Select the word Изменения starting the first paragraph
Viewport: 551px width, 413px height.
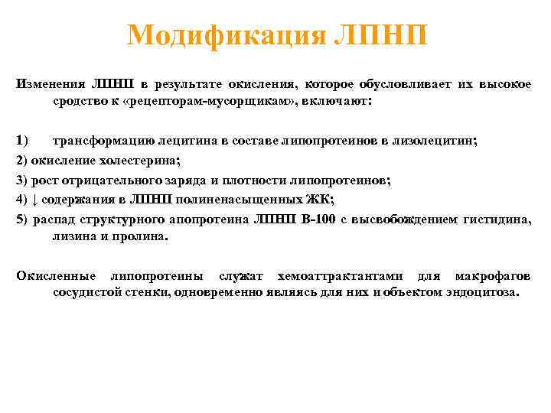50,83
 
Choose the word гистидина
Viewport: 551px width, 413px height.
497,220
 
